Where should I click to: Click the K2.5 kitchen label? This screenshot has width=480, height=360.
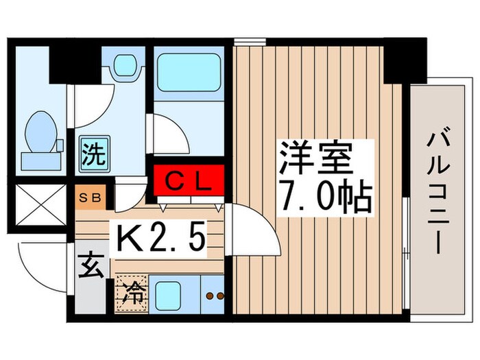[161, 239]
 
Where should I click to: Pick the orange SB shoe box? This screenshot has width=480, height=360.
[91, 197]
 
